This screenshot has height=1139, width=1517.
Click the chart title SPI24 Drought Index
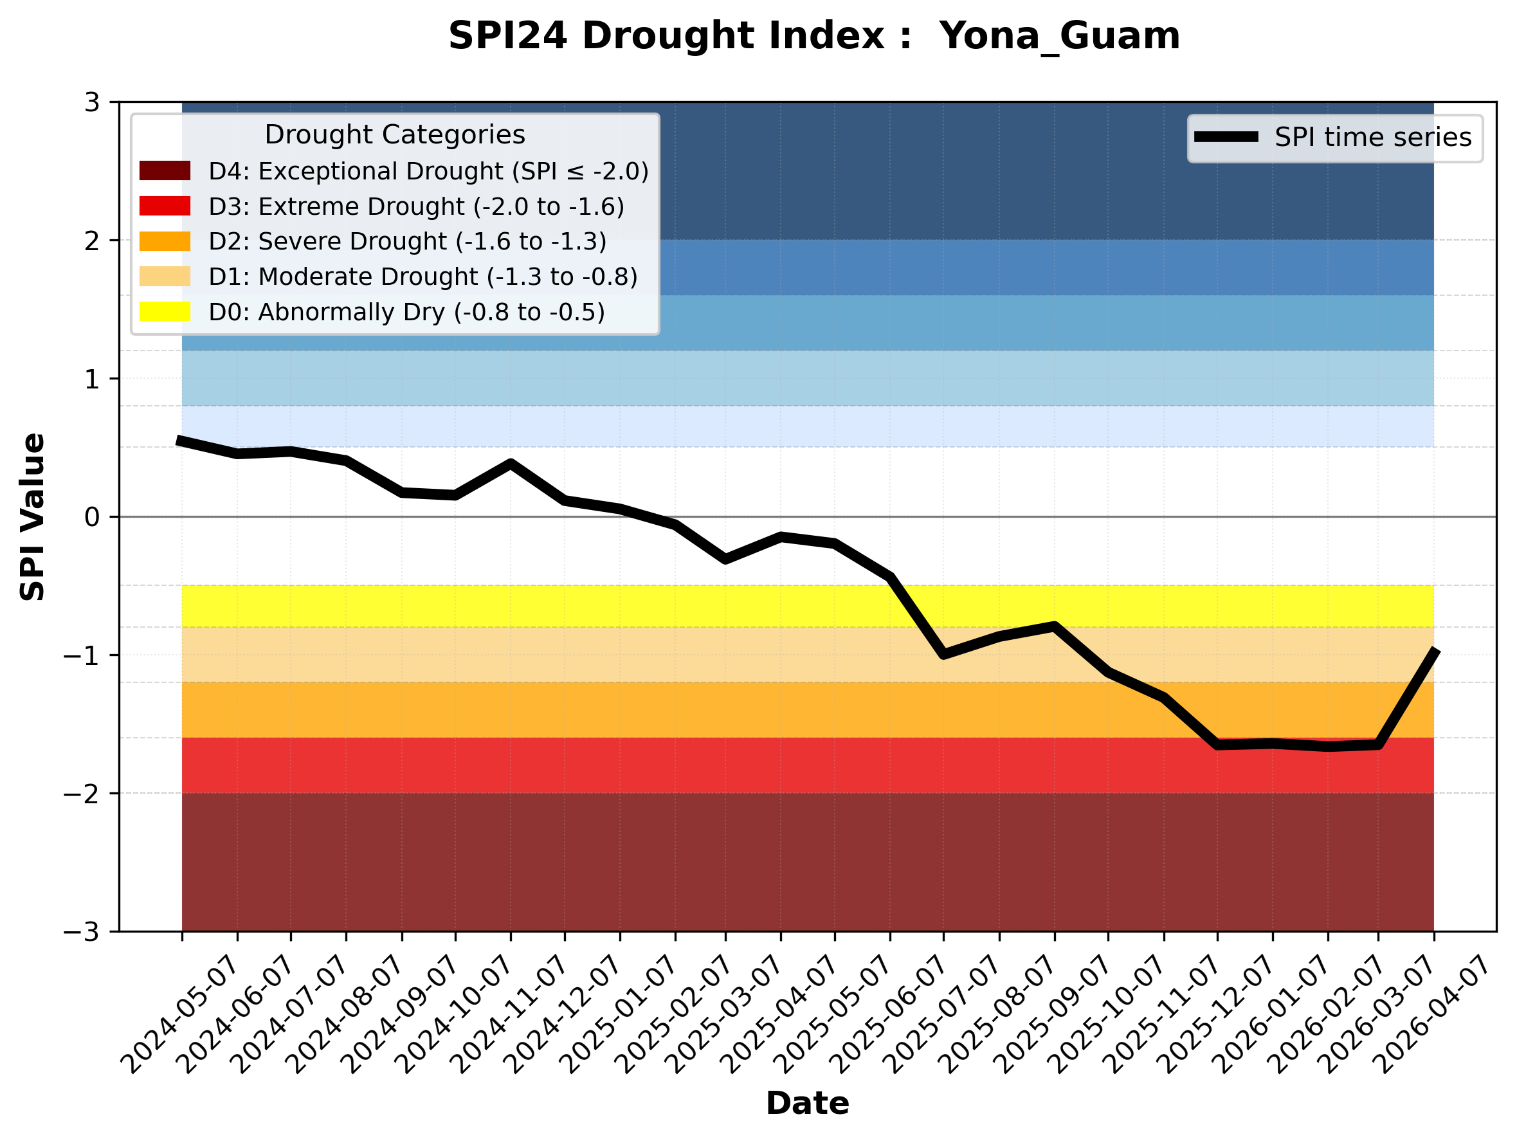(814, 35)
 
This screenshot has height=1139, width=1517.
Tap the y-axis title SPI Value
(32, 517)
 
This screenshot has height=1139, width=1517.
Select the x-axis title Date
(807, 1104)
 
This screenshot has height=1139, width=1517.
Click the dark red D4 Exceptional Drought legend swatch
(165, 170)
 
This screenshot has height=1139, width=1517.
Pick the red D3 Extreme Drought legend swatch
(165, 206)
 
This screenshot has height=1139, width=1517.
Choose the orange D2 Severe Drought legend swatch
(165, 241)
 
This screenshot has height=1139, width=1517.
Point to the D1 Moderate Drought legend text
(422, 277)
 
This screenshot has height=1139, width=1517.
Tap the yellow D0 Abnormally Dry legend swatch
(165, 311)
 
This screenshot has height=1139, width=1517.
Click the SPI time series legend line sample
(1226, 137)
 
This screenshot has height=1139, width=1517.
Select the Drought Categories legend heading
(394, 134)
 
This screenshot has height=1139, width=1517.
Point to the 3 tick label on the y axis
(92, 102)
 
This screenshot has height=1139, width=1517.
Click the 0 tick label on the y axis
(92, 517)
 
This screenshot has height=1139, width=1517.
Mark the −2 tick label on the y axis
(82, 794)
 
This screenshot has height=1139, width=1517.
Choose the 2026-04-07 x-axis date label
(1433, 1015)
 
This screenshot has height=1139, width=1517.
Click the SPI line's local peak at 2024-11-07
(510, 464)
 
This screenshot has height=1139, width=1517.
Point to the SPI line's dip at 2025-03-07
(725, 559)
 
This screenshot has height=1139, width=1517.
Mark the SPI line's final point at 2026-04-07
(1433, 650)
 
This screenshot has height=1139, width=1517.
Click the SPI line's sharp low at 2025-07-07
(943, 654)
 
